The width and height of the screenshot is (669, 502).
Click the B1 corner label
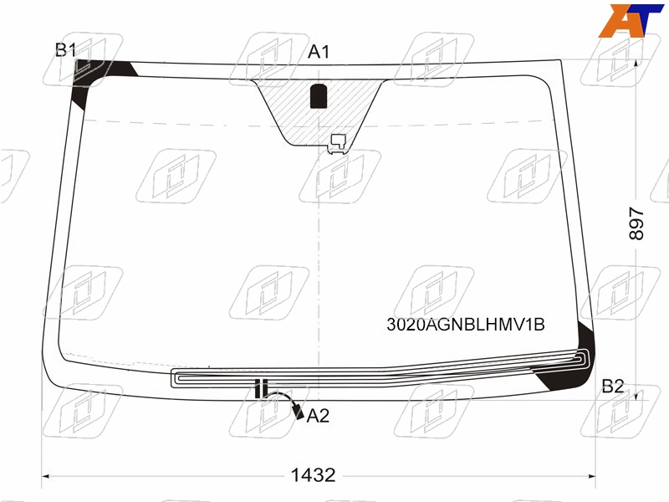click(x=66, y=50)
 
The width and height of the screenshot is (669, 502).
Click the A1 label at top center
click(x=319, y=52)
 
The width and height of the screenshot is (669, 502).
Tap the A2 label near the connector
click(x=318, y=415)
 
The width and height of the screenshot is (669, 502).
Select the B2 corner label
click(x=613, y=387)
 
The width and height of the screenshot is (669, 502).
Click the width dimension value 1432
click(x=313, y=475)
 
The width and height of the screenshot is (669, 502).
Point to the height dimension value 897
click(x=636, y=223)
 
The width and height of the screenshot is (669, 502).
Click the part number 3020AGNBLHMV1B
click(x=466, y=325)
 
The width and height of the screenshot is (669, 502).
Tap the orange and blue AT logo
click(x=631, y=20)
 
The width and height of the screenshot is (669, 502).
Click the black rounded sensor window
click(x=318, y=95)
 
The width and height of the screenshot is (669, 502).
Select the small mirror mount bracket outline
click(x=339, y=141)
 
